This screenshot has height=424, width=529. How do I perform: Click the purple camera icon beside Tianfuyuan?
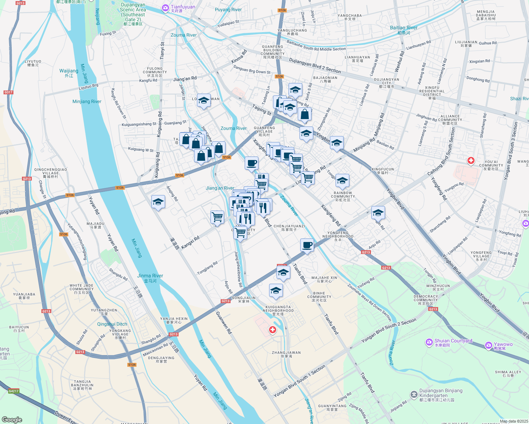(165, 8)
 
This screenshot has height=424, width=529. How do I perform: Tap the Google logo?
(12, 419)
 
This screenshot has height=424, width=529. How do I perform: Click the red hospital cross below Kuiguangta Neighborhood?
(272, 330)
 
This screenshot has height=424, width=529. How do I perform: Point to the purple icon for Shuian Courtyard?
(429, 342)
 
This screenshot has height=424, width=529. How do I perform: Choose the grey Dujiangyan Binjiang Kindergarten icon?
(414, 394)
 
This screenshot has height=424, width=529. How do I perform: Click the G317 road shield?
(8, 92)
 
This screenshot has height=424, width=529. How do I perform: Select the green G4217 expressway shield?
(13, 391)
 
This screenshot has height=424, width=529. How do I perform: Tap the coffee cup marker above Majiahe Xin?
(307, 245)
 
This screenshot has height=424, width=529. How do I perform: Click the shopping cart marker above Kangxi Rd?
(217, 217)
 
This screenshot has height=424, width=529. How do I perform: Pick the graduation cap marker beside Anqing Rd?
(158, 202)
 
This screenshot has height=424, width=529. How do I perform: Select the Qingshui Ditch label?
(112, 324)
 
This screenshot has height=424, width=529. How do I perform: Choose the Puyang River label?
(228, 10)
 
